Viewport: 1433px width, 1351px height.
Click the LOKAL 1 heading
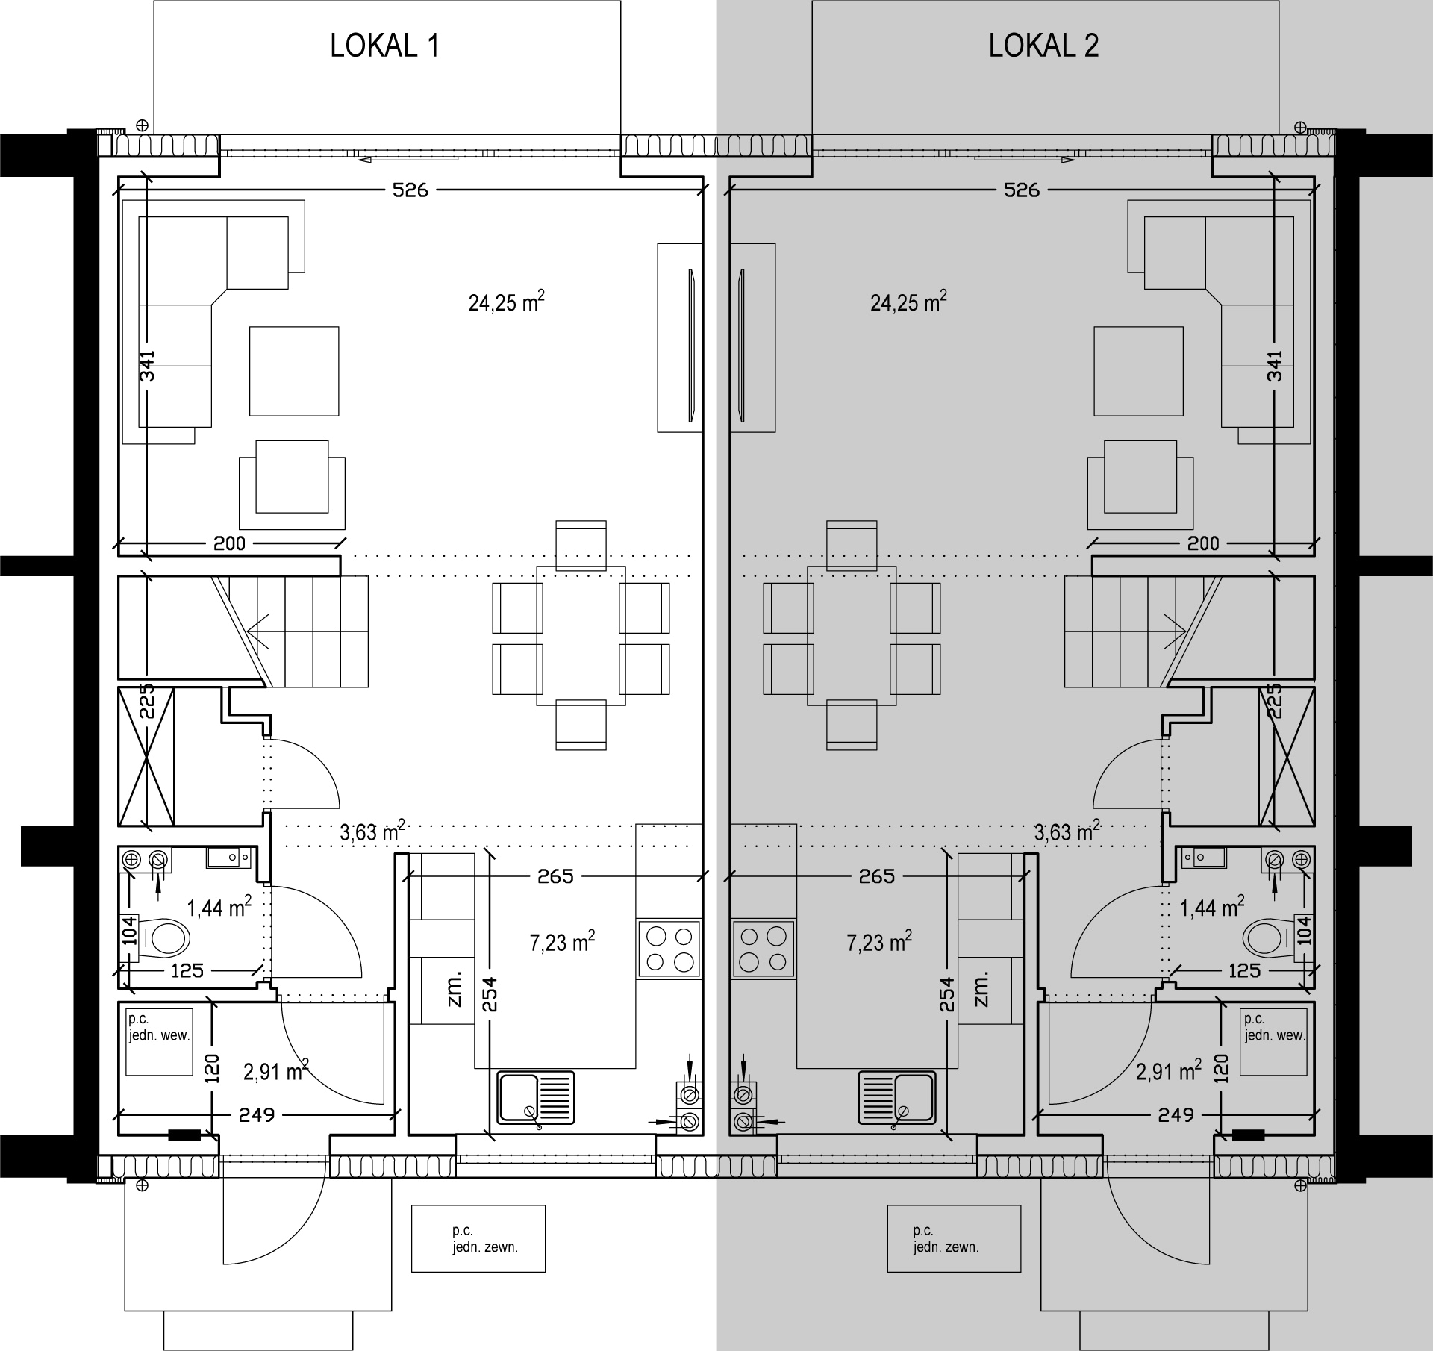point(384,46)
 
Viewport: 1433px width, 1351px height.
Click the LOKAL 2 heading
point(1043,46)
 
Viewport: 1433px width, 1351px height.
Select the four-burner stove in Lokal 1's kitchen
point(669,949)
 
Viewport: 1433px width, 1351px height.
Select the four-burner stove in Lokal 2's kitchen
point(763,949)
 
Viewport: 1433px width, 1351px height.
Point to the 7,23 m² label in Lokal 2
point(878,941)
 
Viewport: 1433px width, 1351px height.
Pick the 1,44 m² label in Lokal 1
point(218,906)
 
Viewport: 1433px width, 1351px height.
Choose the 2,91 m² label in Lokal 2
point(1168,1071)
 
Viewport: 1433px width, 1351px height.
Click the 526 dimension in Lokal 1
point(410,190)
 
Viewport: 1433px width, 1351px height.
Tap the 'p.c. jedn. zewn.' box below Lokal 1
point(478,1238)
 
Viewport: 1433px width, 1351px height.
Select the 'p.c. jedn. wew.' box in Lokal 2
point(1273,1042)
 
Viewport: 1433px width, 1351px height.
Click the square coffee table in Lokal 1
point(294,371)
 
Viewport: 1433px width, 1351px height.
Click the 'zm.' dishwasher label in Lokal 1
point(455,989)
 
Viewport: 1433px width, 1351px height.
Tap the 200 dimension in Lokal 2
point(1203,543)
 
